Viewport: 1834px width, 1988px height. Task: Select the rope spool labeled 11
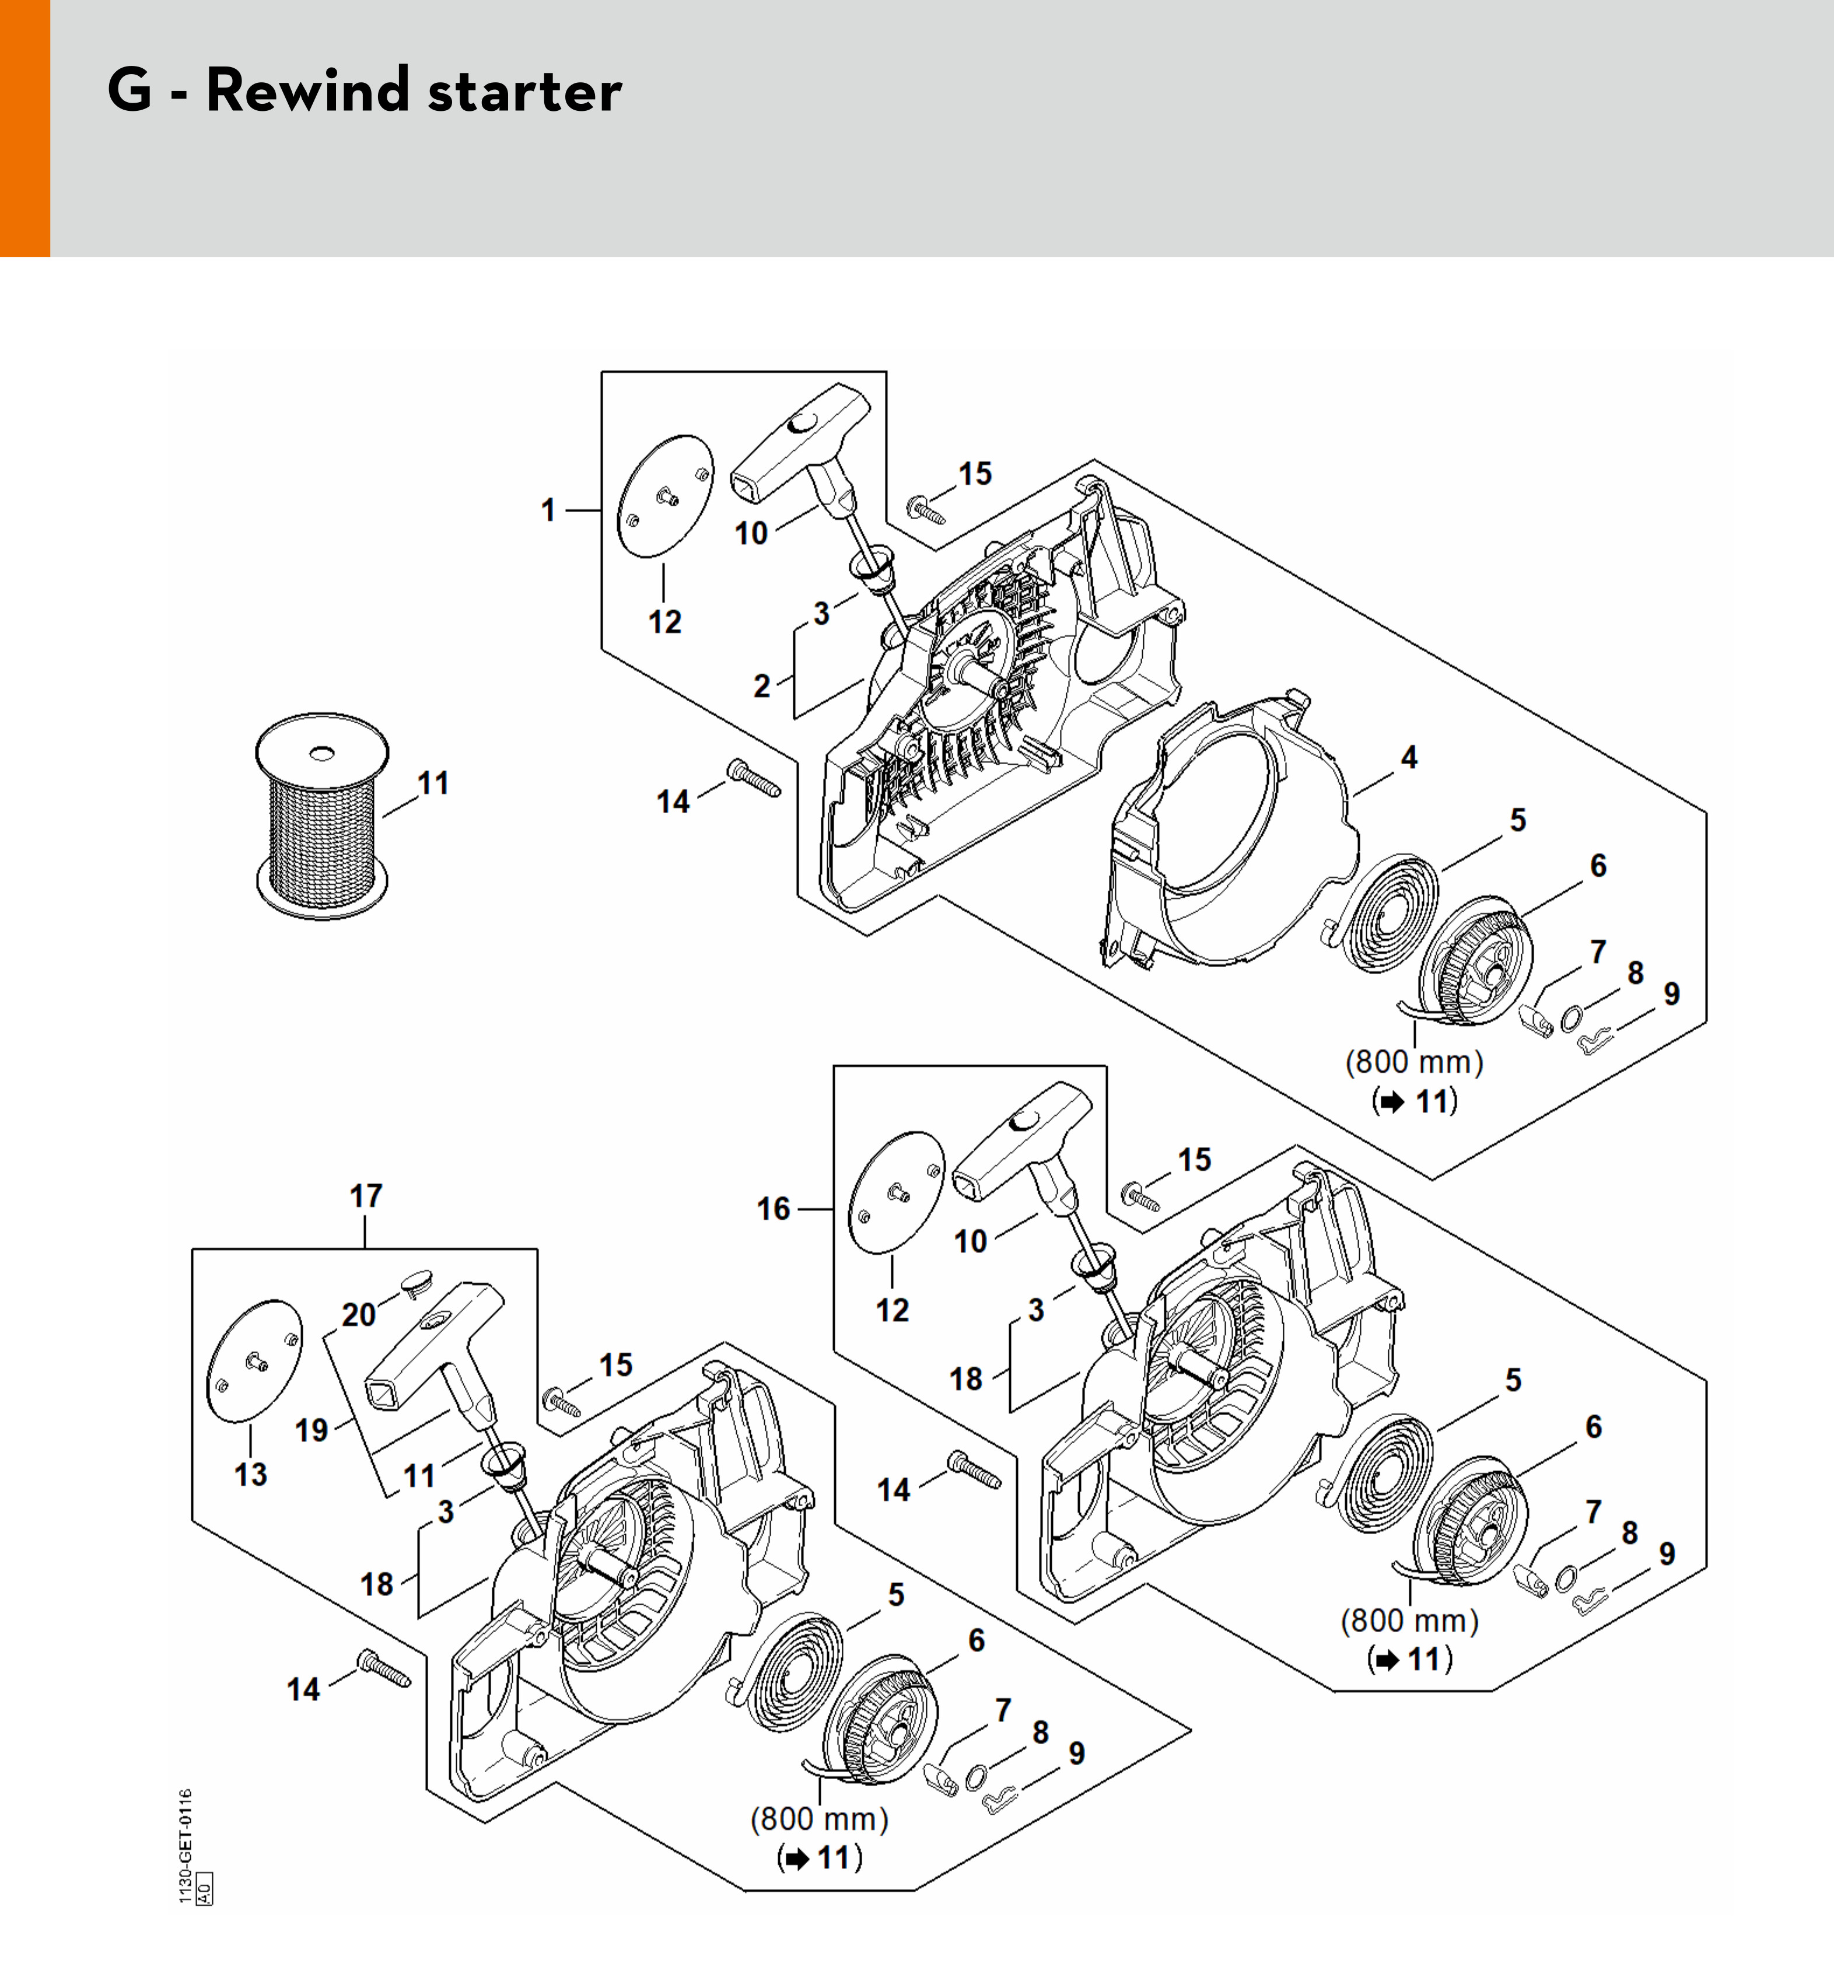tap(321, 816)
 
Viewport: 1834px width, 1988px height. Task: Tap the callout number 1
tap(548, 510)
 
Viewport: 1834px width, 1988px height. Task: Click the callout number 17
tap(365, 1196)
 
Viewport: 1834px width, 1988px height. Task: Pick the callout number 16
tap(773, 1209)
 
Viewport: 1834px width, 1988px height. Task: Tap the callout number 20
tap(358, 1315)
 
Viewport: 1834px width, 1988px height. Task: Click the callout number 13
tap(251, 1475)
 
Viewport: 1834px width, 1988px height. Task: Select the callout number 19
tap(311, 1430)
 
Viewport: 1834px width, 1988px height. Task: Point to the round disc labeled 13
tap(254, 1361)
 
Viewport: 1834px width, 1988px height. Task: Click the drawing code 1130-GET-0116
tap(185, 1846)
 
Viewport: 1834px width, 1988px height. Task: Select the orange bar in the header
tap(25, 129)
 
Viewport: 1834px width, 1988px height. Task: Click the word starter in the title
tap(524, 92)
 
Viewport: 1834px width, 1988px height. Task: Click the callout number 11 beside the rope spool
tap(433, 783)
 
